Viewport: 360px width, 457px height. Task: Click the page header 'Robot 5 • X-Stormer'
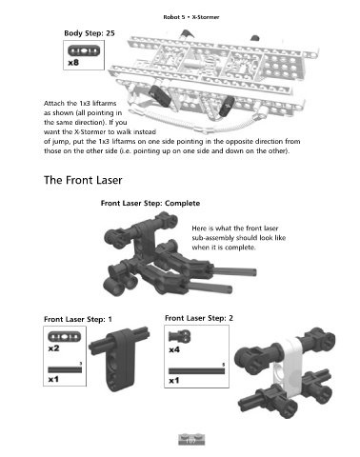[x=191, y=17]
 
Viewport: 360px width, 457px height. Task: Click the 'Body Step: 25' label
[x=90, y=33]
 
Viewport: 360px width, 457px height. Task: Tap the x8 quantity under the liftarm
[x=73, y=63]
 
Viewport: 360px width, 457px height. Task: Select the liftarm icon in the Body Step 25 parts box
[x=84, y=50]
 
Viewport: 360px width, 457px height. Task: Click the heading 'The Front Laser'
[x=83, y=180]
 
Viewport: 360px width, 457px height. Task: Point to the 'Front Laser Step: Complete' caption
[x=150, y=203]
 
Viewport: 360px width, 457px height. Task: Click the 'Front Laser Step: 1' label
[x=78, y=319]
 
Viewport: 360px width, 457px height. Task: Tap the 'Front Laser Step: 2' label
[x=199, y=318]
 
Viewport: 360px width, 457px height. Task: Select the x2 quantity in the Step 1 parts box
[x=53, y=348]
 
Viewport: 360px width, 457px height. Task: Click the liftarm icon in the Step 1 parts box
[x=65, y=337]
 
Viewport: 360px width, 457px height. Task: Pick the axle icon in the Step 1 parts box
[x=65, y=369]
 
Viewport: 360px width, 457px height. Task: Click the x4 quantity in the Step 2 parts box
[x=174, y=349]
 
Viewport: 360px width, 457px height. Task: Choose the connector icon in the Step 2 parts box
[x=179, y=336]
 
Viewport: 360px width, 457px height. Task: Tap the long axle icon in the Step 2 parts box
[x=196, y=370]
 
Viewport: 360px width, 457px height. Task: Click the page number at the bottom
[x=190, y=441]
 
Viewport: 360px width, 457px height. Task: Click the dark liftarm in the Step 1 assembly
[x=120, y=359]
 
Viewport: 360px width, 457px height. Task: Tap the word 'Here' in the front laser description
[x=199, y=228]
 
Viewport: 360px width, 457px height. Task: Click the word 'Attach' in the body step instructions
[x=54, y=103]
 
